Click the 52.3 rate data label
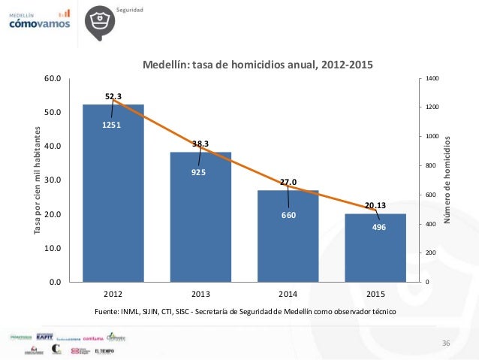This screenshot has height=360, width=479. (113, 95)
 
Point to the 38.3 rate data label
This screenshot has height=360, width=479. (200, 143)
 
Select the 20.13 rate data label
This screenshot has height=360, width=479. (376, 204)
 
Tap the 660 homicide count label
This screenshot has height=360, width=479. (288, 216)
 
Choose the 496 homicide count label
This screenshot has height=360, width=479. (378, 226)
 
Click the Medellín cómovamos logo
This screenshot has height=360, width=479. (39, 20)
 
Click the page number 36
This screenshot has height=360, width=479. (446, 343)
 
